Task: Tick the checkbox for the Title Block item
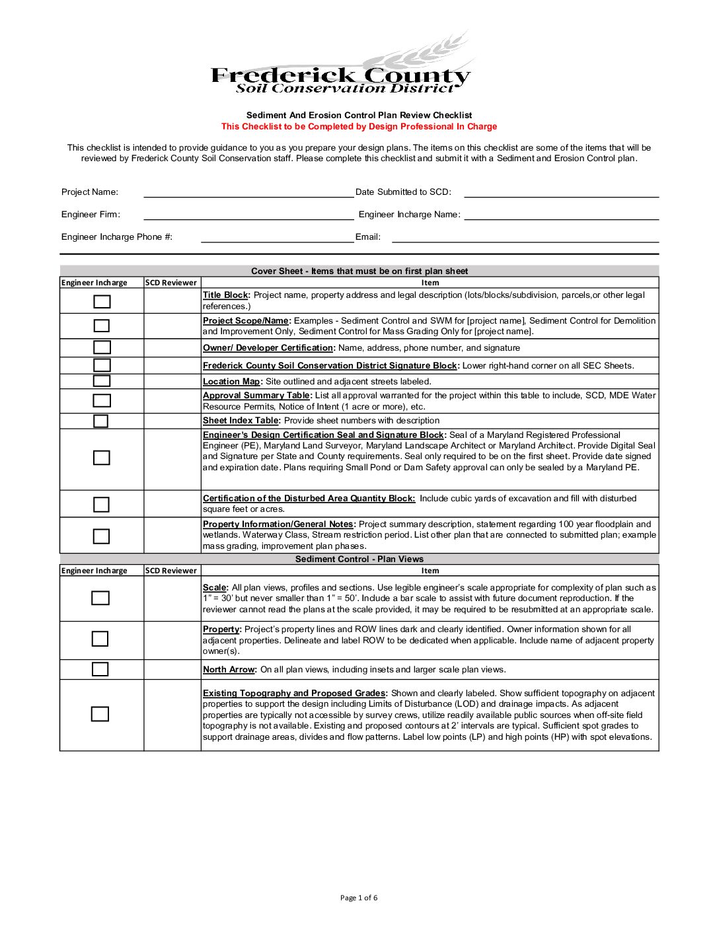(x=102, y=302)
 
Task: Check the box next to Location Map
(x=102, y=381)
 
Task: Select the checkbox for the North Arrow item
(x=100, y=669)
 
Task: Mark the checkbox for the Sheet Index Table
(x=100, y=421)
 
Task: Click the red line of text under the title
(x=359, y=127)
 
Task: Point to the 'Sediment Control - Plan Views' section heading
(x=359, y=559)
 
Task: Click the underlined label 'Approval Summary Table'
(x=256, y=396)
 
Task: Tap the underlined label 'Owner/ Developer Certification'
(x=268, y=348)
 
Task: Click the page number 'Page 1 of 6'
(x=359, y=898)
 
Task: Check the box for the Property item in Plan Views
(x=100, y=639)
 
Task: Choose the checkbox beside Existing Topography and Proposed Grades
(x=100, y=714)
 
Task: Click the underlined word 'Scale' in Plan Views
(x=214, y=588)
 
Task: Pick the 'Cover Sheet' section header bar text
(x=359, y=271)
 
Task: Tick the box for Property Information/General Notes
(x=101, y=536)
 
